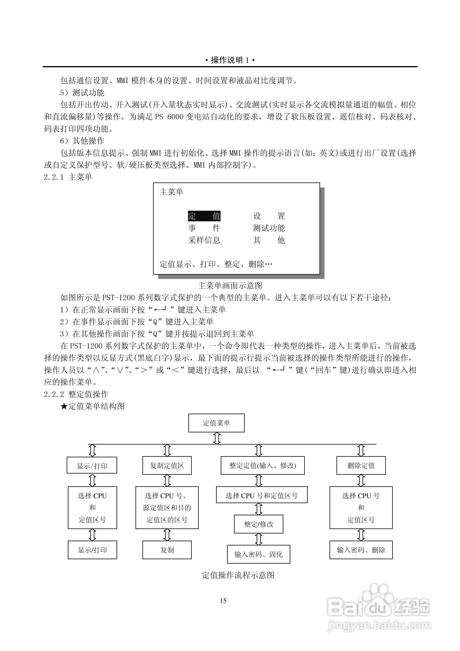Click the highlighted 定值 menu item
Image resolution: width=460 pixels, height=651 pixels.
pos(204,216)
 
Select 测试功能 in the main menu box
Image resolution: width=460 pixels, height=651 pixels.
pos(269,228)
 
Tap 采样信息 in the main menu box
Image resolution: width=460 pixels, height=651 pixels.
pos(204,240)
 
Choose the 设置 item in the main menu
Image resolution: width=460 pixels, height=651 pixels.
pos(269,216)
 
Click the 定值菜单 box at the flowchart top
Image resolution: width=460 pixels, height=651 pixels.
pos(216,423)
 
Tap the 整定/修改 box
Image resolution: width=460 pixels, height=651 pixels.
pos(259,524)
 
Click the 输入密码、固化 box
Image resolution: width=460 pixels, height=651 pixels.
pos(259,554)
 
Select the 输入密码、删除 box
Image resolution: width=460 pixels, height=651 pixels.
pos(361,550)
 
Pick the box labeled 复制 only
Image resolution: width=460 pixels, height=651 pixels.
pos(167,550)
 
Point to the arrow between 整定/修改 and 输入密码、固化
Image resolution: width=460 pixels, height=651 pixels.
pos(259,539)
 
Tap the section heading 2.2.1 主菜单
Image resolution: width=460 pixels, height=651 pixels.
pos(68,177)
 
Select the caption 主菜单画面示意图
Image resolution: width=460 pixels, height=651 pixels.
pos(230,285)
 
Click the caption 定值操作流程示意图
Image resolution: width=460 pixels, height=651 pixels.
pos(238,575)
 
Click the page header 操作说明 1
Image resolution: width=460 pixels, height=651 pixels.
pos(230,60)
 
